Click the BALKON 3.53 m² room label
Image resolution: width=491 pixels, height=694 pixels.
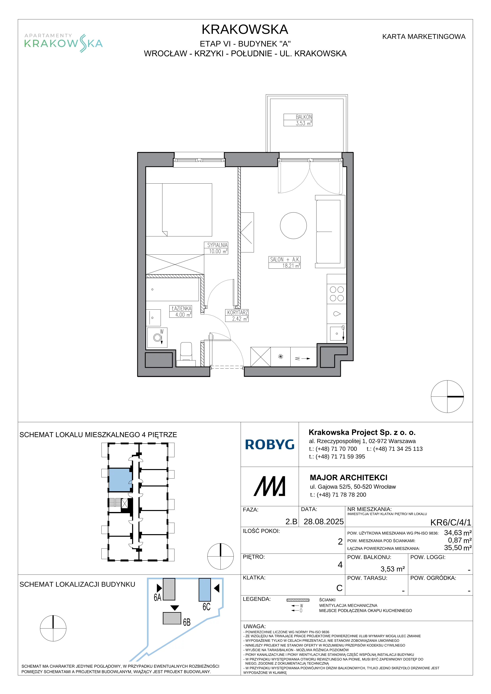298,120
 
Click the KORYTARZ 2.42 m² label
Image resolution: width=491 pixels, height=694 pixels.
237,316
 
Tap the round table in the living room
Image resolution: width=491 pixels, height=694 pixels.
293,226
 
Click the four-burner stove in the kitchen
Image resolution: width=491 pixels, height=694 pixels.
336,294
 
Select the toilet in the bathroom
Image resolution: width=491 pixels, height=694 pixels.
186,352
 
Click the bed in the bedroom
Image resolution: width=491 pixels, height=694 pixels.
179,210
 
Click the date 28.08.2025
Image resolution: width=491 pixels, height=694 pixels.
323,522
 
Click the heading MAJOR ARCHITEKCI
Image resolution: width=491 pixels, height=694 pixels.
349,478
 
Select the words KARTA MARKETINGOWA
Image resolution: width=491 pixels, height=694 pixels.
423,37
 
